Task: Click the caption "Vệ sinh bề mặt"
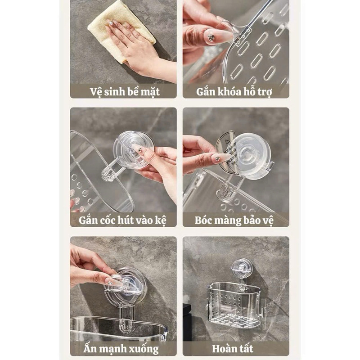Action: (x=125, y=92)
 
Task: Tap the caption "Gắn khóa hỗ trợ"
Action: (x=234, y=92)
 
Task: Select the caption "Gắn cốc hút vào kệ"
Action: (x=122, y=220)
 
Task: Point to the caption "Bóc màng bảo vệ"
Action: (x=234, y=220)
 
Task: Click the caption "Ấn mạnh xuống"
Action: (x=121, y=349)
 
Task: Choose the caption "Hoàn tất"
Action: (x=233, y=348)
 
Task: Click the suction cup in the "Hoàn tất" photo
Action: (x=242, y=268)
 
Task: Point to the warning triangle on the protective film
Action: (x=228, y=141)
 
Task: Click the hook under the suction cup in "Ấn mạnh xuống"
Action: (x=126, y=321)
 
